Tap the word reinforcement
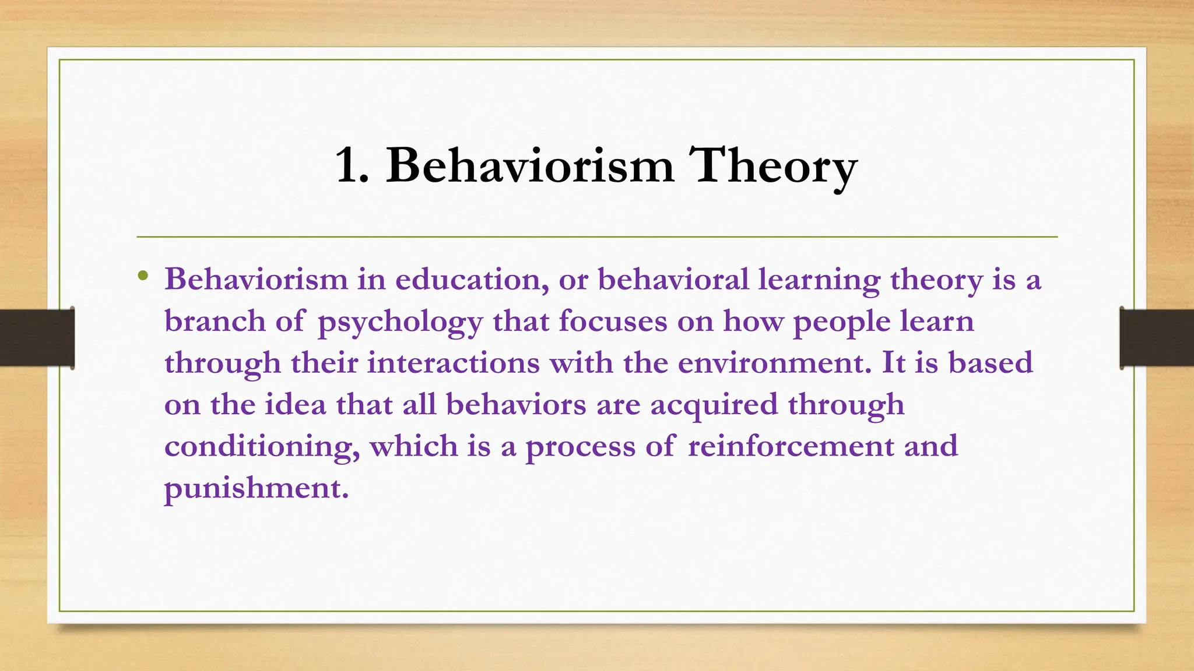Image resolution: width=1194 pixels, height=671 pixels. (x=791, y=446)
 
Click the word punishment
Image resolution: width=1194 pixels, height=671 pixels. (x=256, y=488)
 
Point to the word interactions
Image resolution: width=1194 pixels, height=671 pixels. (x=453, y=363)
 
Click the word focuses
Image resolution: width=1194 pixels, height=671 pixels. (x=613, y=322)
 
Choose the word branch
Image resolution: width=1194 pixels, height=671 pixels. (x=215, y=322)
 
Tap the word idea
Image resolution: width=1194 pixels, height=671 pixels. (x=296, y=405)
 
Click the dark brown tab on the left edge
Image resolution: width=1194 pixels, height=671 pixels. (x=36, y=338)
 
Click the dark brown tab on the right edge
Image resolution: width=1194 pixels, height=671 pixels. (x=1157, y=338)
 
